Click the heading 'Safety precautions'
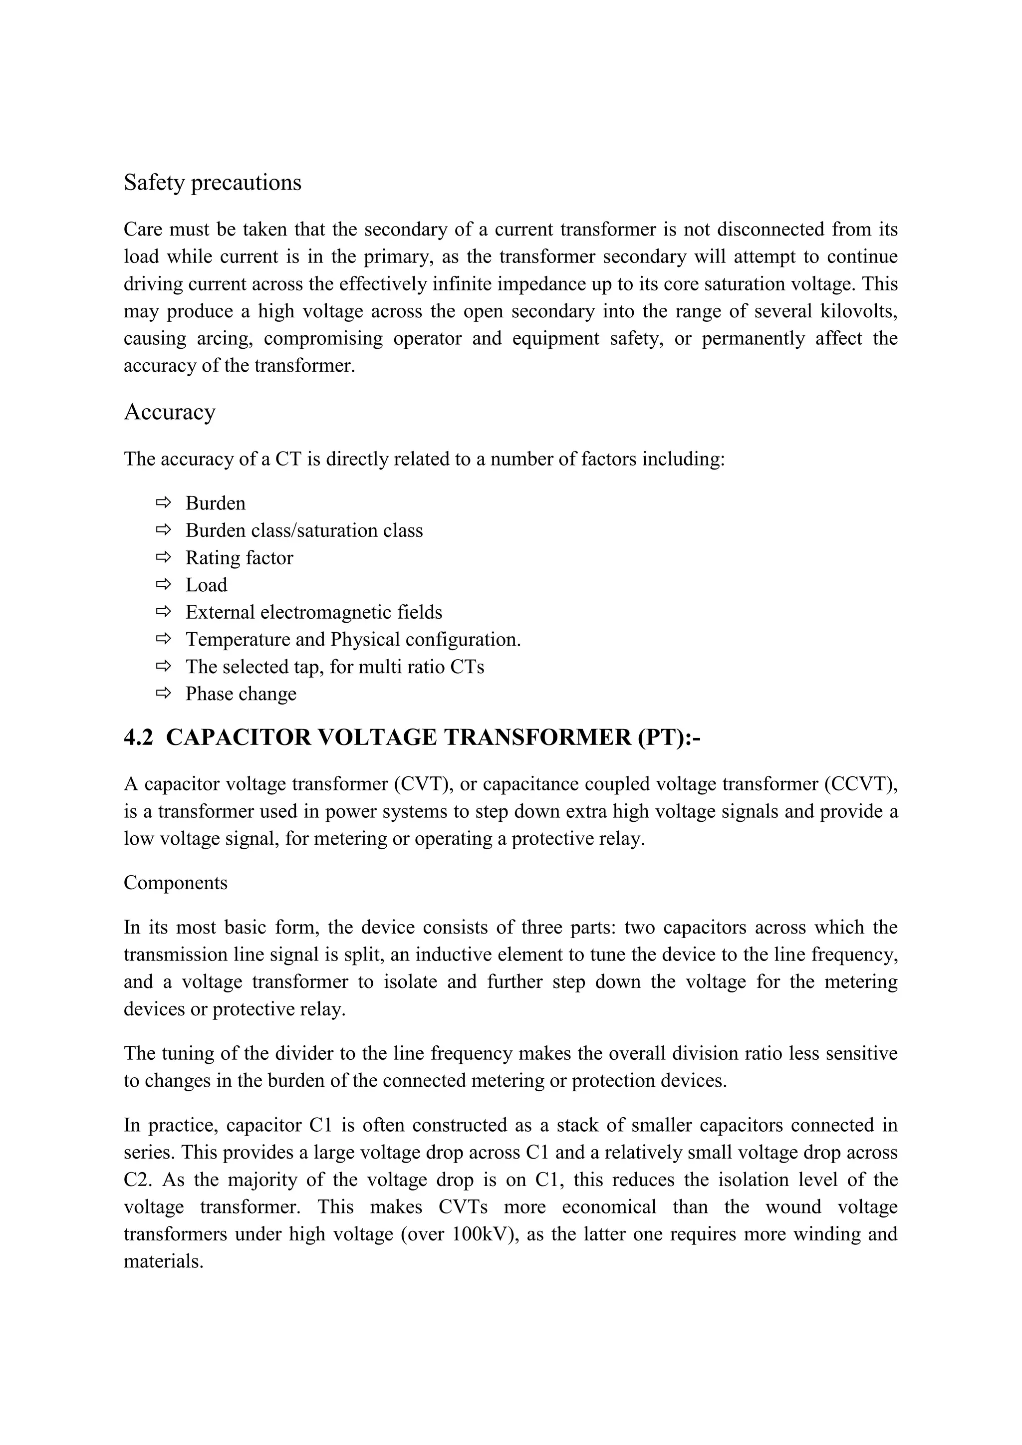click(212, 183)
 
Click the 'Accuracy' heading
click(169, 412)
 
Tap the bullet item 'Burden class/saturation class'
click(303, 530)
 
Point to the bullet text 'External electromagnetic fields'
click(313, 612)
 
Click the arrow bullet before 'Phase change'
click(163, 694)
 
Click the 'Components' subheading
click(175, 883)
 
